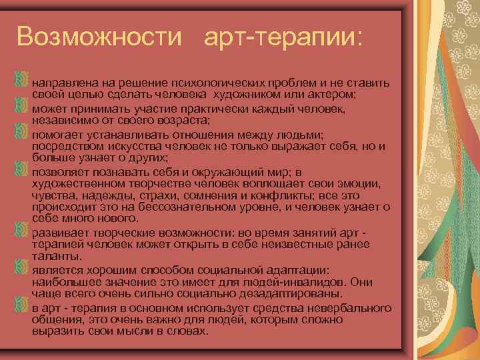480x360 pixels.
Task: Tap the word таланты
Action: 57,256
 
